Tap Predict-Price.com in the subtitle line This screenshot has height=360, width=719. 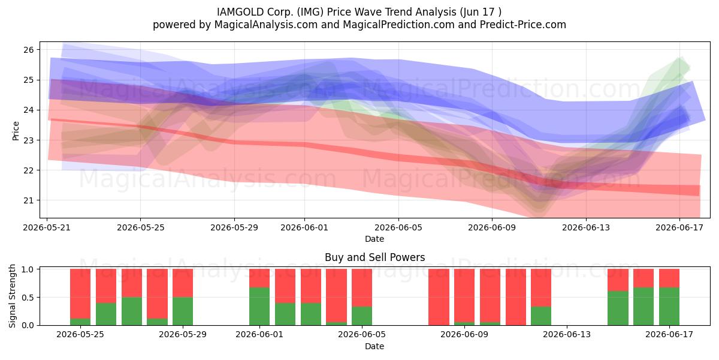(x=523, y=25)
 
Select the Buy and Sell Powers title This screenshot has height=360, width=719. (x=374, y=257)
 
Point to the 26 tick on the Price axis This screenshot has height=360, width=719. (x=29, y=50)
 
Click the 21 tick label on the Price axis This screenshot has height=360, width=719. (x=29, y=200)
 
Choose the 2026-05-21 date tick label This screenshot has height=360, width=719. (x=47, y=227)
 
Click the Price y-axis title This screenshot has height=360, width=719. (x=16, y=131)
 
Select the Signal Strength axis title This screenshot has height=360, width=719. (x=12, y=296)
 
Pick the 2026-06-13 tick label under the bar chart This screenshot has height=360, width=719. (x=567, y=335)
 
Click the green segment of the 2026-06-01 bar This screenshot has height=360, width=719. (x=259, y=307)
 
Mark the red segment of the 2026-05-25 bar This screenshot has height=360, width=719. (x=80, y=294)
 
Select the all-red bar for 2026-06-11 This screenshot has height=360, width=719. (x=515, y=297)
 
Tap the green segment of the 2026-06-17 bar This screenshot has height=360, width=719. (x=669, y=307)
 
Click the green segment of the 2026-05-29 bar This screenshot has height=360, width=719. (x=183, y=311)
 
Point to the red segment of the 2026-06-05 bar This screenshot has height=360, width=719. (x=362, y=287)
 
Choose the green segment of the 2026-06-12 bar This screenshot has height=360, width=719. (x=541, y=316)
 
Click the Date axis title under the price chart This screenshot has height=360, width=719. (x=374, y=239)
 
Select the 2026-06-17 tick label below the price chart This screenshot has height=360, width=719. (x=679, y=227)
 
